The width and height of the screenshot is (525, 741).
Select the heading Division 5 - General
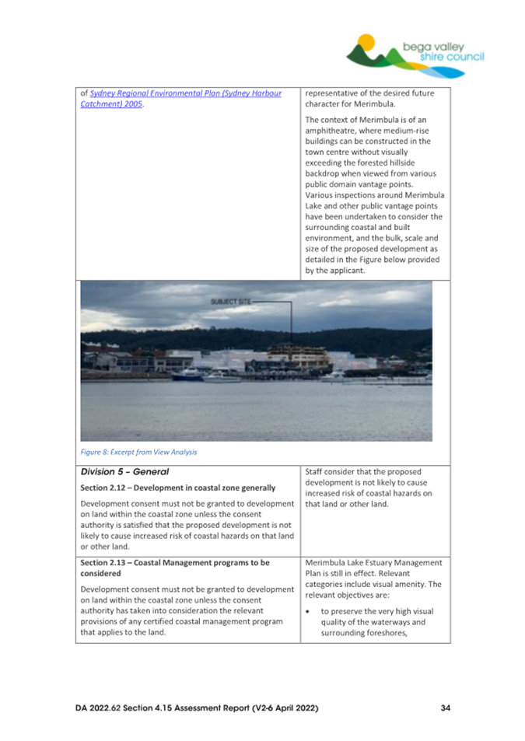pyautogui.click(x=119, y=470)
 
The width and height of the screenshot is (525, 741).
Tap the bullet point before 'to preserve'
pyautogui.click(x=309, y=611)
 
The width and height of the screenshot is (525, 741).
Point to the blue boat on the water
pyautogui.click(x=189, y=376)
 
